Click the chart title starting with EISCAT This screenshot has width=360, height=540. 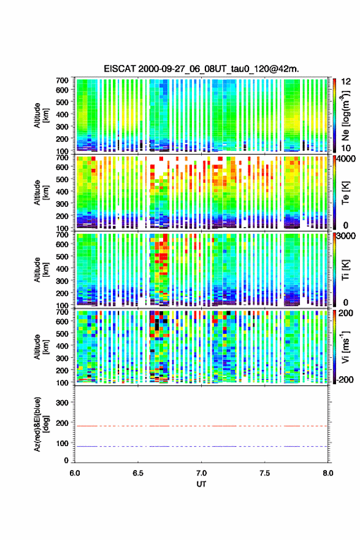201,69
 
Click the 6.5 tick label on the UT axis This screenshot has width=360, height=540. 138,473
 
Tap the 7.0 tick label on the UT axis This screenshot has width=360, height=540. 201,473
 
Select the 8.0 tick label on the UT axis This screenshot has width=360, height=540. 328,473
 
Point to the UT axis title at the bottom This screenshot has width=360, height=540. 201,484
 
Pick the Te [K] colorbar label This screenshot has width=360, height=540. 345,193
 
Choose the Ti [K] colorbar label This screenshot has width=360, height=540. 345,270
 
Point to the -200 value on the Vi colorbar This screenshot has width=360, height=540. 345,379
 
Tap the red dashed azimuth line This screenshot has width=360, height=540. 201,426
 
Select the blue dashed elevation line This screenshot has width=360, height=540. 201,446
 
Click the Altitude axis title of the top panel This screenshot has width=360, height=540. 41,115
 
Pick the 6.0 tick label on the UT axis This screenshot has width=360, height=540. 75,473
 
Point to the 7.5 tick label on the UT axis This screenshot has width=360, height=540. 265,473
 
